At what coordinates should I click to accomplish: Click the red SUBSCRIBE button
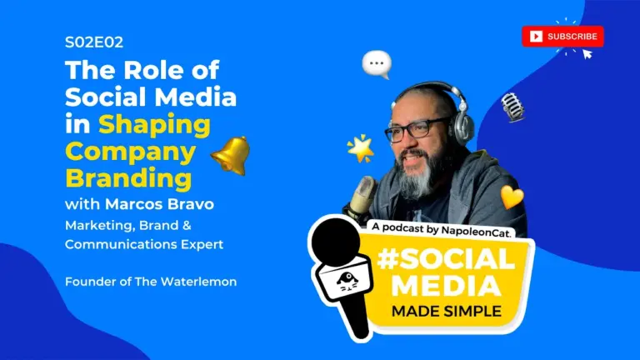[562, 36]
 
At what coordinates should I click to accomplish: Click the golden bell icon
[230, 155]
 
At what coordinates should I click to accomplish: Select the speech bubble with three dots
[377, 63]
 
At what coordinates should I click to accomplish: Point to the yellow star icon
[361, 148]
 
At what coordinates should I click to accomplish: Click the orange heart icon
[512, 197]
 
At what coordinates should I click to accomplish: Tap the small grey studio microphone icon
[512, 107]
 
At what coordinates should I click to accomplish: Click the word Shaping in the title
[155, 125]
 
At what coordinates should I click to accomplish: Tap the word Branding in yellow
[128, 178]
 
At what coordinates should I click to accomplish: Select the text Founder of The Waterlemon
[151, 282]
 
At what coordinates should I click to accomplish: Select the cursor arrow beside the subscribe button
[587, 54]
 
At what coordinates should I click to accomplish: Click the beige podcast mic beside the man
[361, 195]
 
